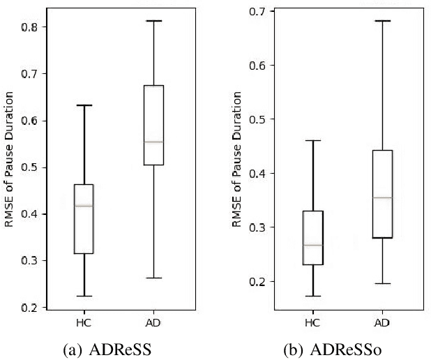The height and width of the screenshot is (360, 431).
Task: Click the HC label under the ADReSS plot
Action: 84,322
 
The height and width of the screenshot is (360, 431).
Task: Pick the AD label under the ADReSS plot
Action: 153,322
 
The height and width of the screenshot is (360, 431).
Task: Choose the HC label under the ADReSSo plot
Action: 312,322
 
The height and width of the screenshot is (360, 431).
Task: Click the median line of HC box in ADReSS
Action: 84,206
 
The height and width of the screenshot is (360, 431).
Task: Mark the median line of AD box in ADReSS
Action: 153,142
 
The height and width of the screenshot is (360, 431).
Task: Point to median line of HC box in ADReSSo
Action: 312,246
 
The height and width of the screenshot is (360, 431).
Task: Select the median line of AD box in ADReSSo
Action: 383,197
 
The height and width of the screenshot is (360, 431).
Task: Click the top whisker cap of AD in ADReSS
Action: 153,21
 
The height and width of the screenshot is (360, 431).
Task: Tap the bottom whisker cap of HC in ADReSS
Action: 84,296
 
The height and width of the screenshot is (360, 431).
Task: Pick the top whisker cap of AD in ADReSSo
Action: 383,21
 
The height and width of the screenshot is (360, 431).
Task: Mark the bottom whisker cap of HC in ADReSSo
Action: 312,296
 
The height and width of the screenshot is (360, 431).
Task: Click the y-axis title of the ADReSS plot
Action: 8,167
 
